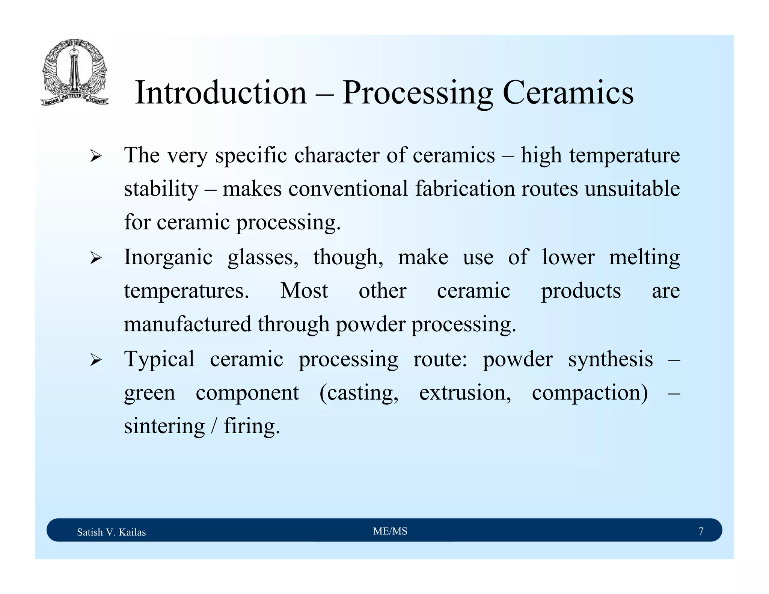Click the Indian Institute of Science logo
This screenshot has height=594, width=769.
75,72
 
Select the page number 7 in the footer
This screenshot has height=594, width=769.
701,531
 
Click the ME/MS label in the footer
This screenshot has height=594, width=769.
390,531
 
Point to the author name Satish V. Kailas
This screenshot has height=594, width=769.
111,532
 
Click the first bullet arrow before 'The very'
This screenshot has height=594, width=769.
96,156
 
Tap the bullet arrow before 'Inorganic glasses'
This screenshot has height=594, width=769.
96,258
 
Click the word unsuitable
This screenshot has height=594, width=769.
632,188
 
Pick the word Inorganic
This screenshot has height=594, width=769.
168,258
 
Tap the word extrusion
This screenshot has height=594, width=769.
465,393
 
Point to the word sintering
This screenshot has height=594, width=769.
164,427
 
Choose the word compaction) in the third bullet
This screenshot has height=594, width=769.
590,393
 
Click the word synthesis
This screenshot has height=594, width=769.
610,359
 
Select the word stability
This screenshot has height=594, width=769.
161,188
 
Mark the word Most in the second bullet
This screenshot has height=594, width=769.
304,291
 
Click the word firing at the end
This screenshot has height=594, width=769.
252,427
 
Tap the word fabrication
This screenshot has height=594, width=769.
464,188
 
